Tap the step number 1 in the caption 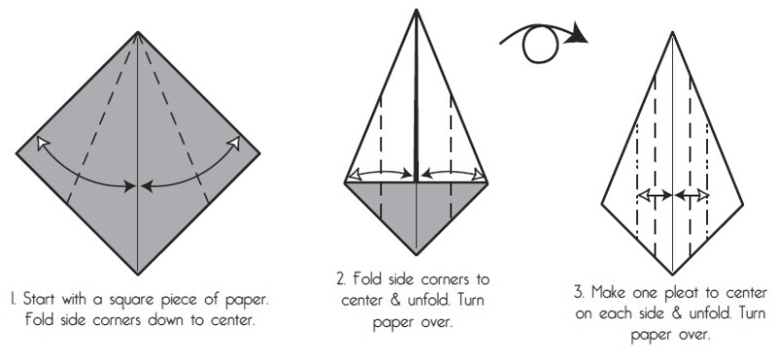(x=14, y=300)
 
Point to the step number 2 (x=341, y=279)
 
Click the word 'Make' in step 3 (x=609, y=292)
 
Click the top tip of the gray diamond (x=138, y=32)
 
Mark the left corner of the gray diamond (x=17, y=154)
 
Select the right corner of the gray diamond (x=260, y=154)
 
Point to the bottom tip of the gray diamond (x=138, y=274)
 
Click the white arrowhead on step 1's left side (x=43, y=143)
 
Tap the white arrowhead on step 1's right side (x=233, y=143)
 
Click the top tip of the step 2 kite (x=416, y=10)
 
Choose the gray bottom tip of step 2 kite (x=416, y=254)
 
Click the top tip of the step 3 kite (x=672, y=32)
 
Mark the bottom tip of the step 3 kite (x=672, y=274)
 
